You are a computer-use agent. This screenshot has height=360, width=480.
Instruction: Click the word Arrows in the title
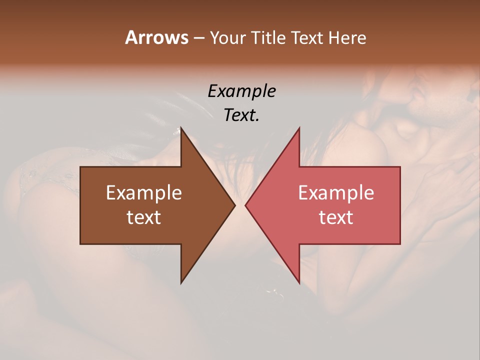156,37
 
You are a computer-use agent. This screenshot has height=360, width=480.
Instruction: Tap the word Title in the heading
269,37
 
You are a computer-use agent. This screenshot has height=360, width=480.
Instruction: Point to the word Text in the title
308,37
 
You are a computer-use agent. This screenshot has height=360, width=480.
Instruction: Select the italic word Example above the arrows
241,91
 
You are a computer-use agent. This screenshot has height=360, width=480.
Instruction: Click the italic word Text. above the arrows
241,115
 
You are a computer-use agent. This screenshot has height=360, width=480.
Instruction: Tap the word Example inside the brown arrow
144,193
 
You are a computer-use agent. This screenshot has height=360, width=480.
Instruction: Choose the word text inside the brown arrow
144,217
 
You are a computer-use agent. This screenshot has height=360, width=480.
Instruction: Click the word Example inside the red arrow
336,193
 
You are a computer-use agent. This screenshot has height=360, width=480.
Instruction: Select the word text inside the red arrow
336,217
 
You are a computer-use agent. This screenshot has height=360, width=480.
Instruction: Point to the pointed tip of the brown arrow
235,205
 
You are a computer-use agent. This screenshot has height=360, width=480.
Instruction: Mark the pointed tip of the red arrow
245,205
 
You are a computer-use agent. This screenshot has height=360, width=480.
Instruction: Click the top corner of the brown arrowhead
181,127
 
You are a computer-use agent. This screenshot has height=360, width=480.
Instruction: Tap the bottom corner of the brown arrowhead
181,283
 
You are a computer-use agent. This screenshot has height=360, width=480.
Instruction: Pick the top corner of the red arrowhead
299,127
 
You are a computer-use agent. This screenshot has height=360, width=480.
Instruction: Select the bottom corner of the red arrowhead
299,283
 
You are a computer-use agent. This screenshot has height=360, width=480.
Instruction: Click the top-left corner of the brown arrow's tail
80,167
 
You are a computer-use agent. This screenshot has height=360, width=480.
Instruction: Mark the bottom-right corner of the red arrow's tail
400,244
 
